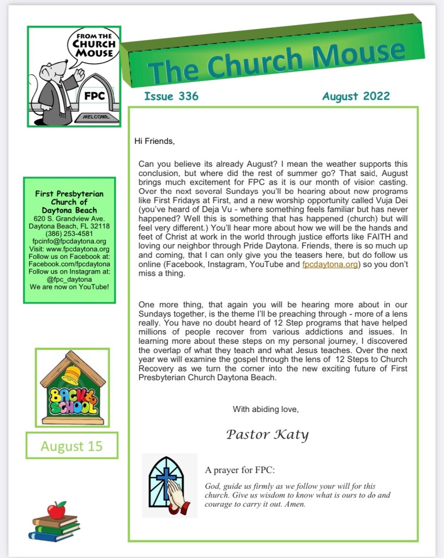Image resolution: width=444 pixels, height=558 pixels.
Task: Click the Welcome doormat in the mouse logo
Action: (95, 117)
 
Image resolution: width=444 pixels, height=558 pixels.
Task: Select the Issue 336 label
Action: (171, 97)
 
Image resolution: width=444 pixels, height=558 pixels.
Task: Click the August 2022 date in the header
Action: (356, 97)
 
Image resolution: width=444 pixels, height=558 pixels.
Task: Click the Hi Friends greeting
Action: (154, 141)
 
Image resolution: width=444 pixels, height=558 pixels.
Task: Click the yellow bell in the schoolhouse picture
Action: (71, 374)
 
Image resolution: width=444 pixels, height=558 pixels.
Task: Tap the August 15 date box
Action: (71, 447)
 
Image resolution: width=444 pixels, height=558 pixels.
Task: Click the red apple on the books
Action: (56, 510)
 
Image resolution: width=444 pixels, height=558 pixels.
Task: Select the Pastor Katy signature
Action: (267, 434)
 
